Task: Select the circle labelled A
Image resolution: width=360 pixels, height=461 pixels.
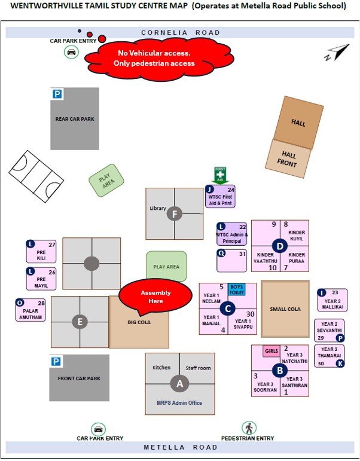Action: tap(179, 383)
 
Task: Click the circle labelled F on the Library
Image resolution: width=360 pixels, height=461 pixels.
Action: tap(175, 213)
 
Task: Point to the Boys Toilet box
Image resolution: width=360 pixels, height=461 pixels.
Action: tap(237, 289)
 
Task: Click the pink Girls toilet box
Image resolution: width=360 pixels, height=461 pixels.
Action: tap(271, 351)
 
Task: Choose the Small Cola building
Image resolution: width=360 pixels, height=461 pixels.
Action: tap(285, 309)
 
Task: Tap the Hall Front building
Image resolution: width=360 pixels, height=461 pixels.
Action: tap(289, 158)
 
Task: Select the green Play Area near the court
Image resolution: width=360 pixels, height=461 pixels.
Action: tap(106, 180)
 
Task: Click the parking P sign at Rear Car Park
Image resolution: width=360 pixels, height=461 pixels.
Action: tap(57, 94)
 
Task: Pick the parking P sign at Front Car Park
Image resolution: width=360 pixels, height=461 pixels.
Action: tap(56, 361)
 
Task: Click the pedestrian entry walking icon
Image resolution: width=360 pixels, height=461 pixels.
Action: tap(249, 428)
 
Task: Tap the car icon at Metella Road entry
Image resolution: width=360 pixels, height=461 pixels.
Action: tap(98, 429)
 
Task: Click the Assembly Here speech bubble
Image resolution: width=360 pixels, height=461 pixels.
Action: tap(155, 296)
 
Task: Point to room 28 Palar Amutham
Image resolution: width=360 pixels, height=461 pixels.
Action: tap(31, 310)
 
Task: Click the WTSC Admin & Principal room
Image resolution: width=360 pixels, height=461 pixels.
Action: tap(231, 234)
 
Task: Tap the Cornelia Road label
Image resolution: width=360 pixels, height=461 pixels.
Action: tap(180, 33)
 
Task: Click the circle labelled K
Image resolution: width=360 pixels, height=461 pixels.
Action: tap(340, 363)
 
